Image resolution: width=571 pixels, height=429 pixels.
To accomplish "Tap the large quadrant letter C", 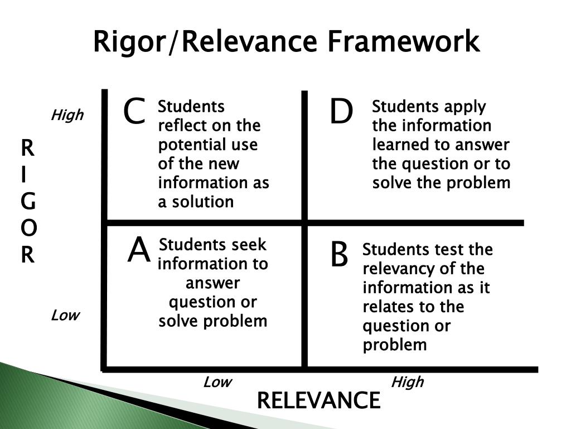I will click(x=134, y=112).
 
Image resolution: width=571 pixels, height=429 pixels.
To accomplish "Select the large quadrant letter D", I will click(x=341, y=112).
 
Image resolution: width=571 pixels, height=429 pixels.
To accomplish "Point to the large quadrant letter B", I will click(x=339, y=255).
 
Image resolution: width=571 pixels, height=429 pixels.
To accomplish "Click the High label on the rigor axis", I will click(x=67, y=116).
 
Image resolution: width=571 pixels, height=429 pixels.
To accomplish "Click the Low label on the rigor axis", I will click(x=65, y=316).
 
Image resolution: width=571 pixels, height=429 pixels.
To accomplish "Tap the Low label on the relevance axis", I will click(x=217, y=382).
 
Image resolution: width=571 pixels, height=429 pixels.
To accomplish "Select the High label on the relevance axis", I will click(x=407, y=382).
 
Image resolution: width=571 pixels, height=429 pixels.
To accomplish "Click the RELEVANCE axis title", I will click(x=318, y=401).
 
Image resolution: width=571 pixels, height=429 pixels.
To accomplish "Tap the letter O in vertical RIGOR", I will click(x=28, y=228).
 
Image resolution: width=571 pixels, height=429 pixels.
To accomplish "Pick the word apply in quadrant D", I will click(x=465, y=107).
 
